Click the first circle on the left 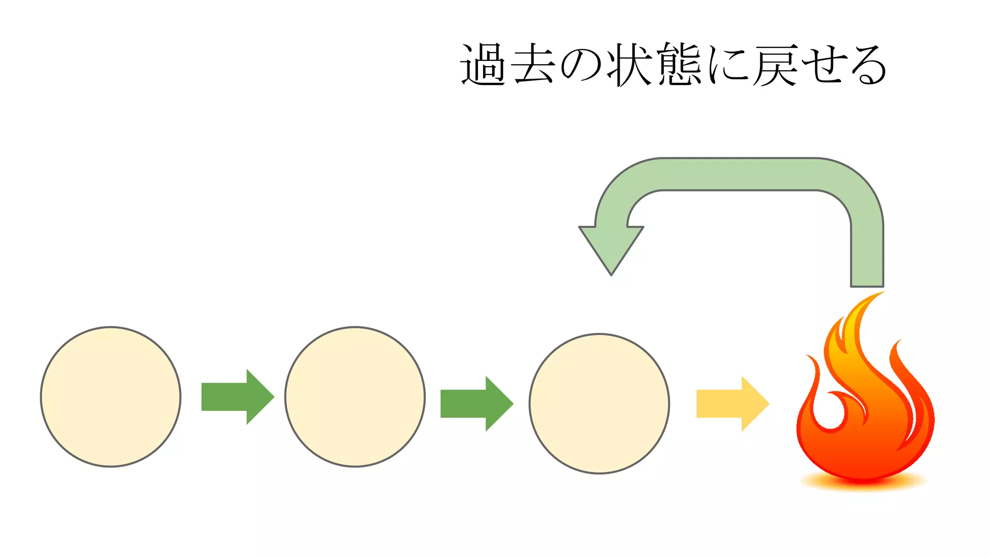111,397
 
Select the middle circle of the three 355,397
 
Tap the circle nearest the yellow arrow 599,404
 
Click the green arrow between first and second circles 237,397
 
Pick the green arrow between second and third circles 476,404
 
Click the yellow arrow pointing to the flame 732,404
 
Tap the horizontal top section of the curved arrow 740,174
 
